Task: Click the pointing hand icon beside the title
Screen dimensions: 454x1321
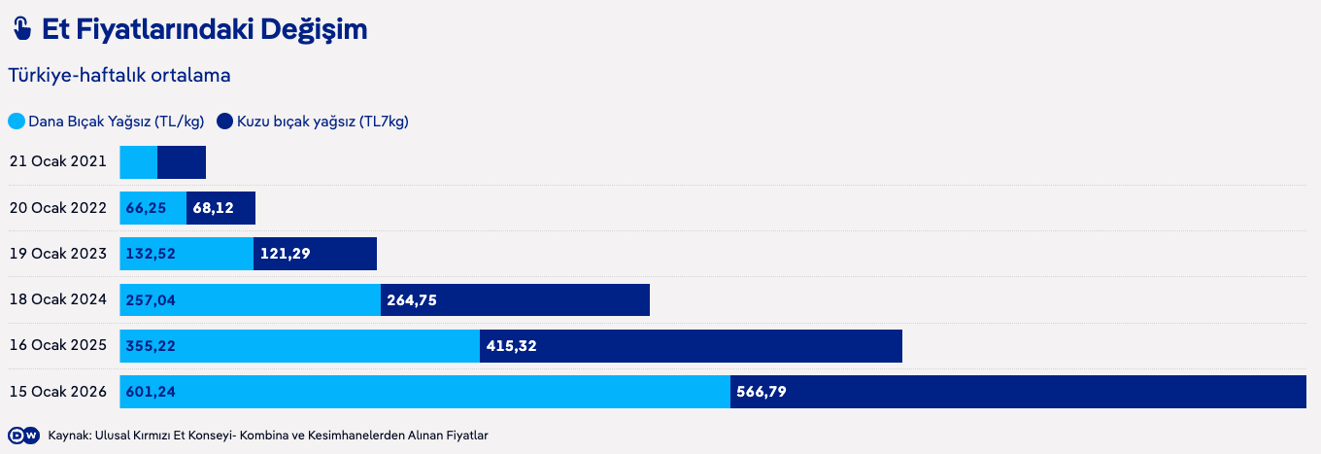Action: click(x=21, y=29)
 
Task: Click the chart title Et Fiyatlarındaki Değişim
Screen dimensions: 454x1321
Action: click(x=204, y=29)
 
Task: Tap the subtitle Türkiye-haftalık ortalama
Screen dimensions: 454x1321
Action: click(x=119, y=74)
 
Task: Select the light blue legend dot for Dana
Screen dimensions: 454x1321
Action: click(x=17, y=122)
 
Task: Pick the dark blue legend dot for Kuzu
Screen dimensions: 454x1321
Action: click(x=224, y=122)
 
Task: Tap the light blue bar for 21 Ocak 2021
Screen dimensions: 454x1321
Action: click(x=139, y=162)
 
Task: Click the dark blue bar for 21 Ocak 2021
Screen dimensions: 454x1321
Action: click(x=182, y=162)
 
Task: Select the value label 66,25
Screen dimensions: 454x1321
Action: click(x=146, y=208)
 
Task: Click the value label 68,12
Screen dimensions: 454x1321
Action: click(x=213, y=208)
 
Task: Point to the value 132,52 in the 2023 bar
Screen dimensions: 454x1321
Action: click(x=151, y=254)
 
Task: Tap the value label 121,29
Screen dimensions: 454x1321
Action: click(x=285, y=254)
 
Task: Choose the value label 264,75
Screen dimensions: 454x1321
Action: click(x=412, y=300)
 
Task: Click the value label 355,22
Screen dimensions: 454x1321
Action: click(x=151, y=346)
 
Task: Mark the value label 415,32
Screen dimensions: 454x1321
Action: click(x=511, y=346)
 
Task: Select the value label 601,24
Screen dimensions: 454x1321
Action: click(x=151, y=392)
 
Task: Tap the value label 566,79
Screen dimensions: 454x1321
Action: click(x=762, y=392)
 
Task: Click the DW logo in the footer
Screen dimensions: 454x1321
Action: click(x=23, y=436)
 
